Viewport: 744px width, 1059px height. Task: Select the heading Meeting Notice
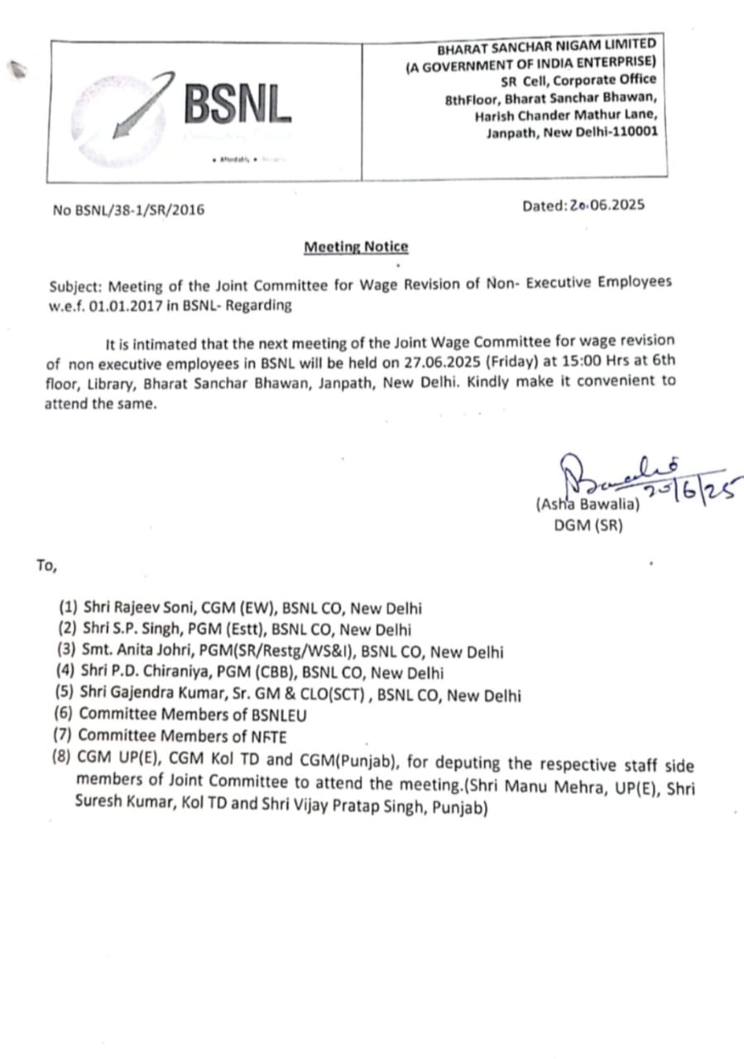tap(356, 247)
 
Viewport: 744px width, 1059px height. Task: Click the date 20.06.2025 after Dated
tap(607, 206)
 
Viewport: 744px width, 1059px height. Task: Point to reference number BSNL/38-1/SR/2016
tap(138, 210)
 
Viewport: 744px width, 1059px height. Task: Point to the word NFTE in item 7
tap(269, 736)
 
